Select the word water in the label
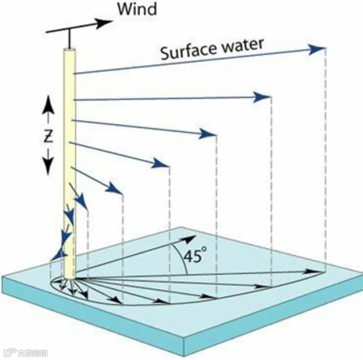pos(240,45)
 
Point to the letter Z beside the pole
pos(48,136)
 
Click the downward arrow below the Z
pos(48,166)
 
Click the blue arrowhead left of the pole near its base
pos(57,255)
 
